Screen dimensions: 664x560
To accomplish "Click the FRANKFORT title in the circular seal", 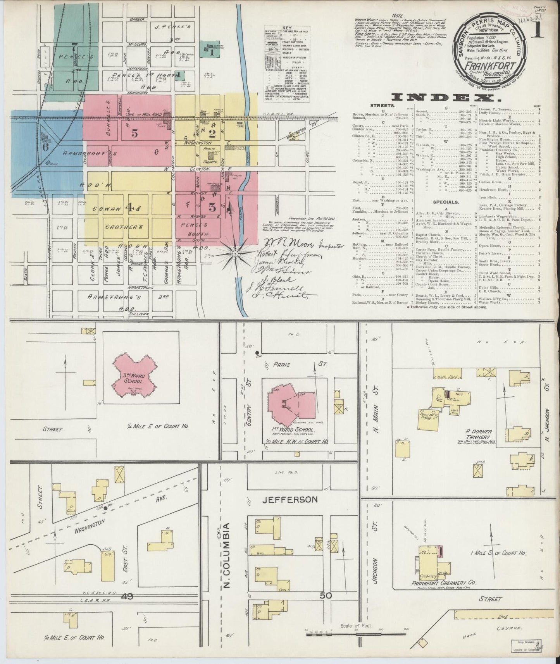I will click(490, 65).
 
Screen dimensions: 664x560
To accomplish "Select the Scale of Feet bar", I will click(357, 634).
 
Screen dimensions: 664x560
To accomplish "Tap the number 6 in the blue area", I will click(45, 147).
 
